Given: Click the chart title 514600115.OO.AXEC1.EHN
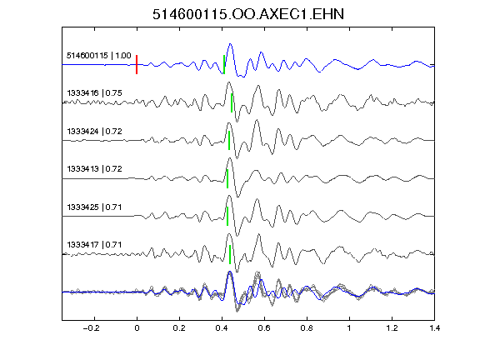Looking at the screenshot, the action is (x=248, y=14).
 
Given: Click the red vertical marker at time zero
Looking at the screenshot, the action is (x=137, y=65).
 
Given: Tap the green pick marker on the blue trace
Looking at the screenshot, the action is (x=224, y=65).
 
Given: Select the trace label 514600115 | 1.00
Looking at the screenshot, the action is (x=99, y=56).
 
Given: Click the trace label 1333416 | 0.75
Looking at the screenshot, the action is (x=95, y=93).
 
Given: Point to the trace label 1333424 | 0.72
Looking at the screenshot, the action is (x=95, y=132).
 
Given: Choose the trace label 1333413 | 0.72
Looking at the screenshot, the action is (x=95, y=169).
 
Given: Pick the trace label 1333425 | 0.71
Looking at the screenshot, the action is (x=95, y=207).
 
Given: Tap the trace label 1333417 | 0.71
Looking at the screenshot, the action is (x=95, y=245).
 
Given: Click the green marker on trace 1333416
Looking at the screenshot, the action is (x=232, y=102).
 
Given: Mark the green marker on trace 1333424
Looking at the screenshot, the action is (x=229, y=141).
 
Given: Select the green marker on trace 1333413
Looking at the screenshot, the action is (x=227, y=179).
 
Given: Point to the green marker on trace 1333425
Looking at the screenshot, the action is (x=227, y=217).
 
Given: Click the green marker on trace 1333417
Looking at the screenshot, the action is (x=230, y=255).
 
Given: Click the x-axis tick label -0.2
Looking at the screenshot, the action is (x=92, y=328).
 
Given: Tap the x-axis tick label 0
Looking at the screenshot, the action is (x=137, y=328).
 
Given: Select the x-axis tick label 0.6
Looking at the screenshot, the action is (x=264, y=328).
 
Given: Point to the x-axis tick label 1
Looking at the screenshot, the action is (x=349, y=328).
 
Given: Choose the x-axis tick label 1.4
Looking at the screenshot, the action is (x=434, y=328).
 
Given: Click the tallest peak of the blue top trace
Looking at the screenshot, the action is (x=231, y=44).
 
